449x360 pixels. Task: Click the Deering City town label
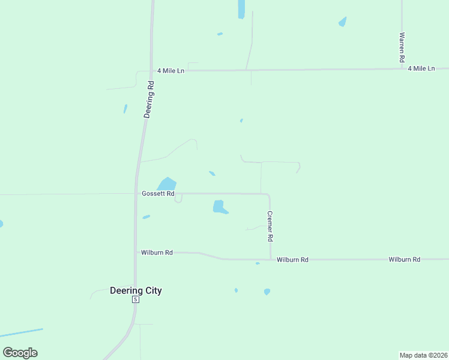pyautogui.click(x=136, y=290)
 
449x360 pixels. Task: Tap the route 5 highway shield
pyautogui.click(x=136, y=299)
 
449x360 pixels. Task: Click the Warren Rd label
pyautogui.click(x=402, y=48)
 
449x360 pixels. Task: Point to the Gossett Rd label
pyautogui.click(x=158, y=194)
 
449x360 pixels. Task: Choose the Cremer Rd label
pyautogui.click(x=270, y=226)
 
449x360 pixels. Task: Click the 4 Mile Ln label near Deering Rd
pyautogui.click(x=170, y=71)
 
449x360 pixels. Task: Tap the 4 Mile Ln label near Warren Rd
pyautogui.click(x=421, y=69)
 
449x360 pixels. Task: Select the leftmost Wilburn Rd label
pyautogui.click(x=157, y=253)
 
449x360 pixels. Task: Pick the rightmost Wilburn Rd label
pyautogui.click(x=404, y=259)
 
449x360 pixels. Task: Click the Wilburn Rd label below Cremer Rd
pyautogui.click(x=292, y=260)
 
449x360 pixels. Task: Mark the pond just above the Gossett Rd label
pyautogui.click(x=167, y=184)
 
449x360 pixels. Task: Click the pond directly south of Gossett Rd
pyautogui.click(x=219, y=207)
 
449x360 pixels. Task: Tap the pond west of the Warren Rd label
pyautogui.click(x=343, y=22)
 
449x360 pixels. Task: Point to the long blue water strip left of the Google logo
pyautogui.click(x=22, y=332)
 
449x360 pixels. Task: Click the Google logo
pyautogui.click(x=20, y=352)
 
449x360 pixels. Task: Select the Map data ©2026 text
pyautogui.click(x=424, y=355)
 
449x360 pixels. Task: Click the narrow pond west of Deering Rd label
pyautogui.click(x=125, y=109)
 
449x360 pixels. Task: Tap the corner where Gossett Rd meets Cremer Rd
pyautogui.click(x=269, y=194)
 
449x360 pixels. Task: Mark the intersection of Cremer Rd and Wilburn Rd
pyautogui.click(x=270, y=259)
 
